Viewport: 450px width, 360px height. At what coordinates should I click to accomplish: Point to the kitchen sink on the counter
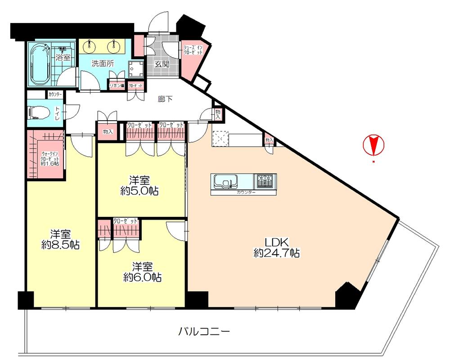[224, 181]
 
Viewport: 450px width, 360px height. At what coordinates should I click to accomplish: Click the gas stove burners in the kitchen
[265, 181]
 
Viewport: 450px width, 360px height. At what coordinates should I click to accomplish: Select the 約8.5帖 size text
[60, 245]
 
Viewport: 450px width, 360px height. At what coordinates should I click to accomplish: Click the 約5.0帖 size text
[139, 191]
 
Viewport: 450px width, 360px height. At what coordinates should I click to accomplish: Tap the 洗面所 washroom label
[103, 63]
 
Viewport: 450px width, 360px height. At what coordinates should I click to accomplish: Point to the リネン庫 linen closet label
[117, 85]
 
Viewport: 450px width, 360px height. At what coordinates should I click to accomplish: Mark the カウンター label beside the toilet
[54, 94]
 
